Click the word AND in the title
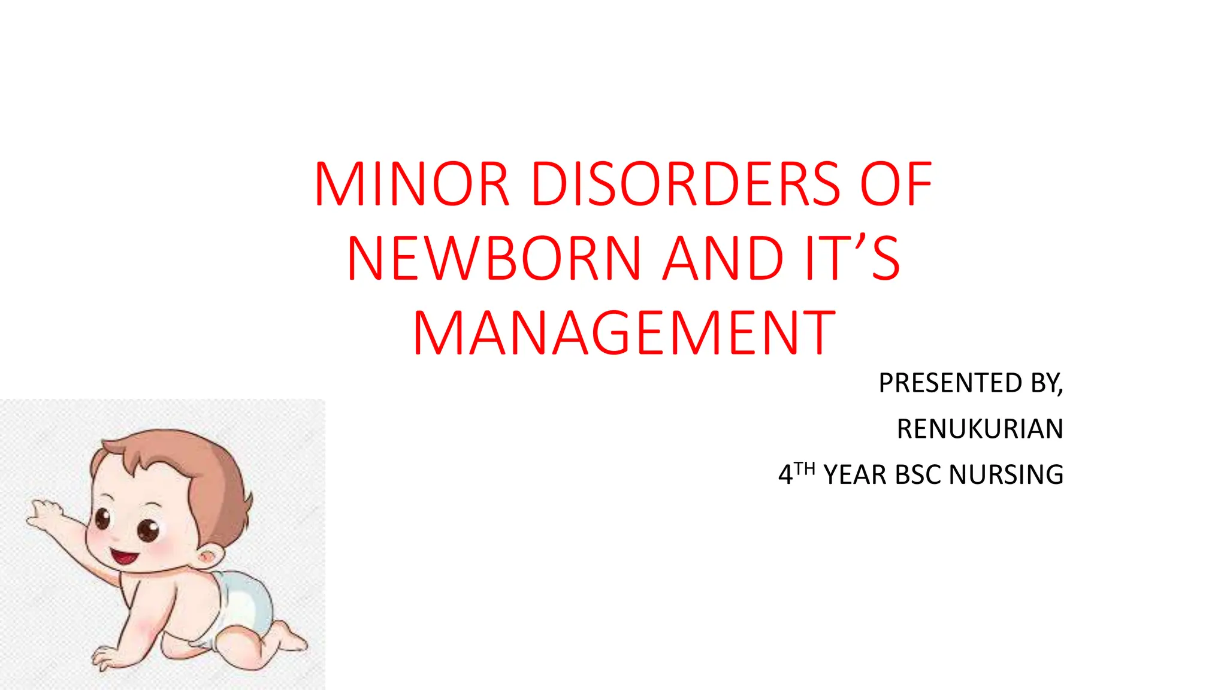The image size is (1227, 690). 723,259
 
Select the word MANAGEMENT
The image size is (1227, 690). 624,333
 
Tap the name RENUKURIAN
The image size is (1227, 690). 980,429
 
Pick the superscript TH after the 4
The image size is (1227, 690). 805,468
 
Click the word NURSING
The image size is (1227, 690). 1006,475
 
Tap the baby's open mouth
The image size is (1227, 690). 124,557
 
